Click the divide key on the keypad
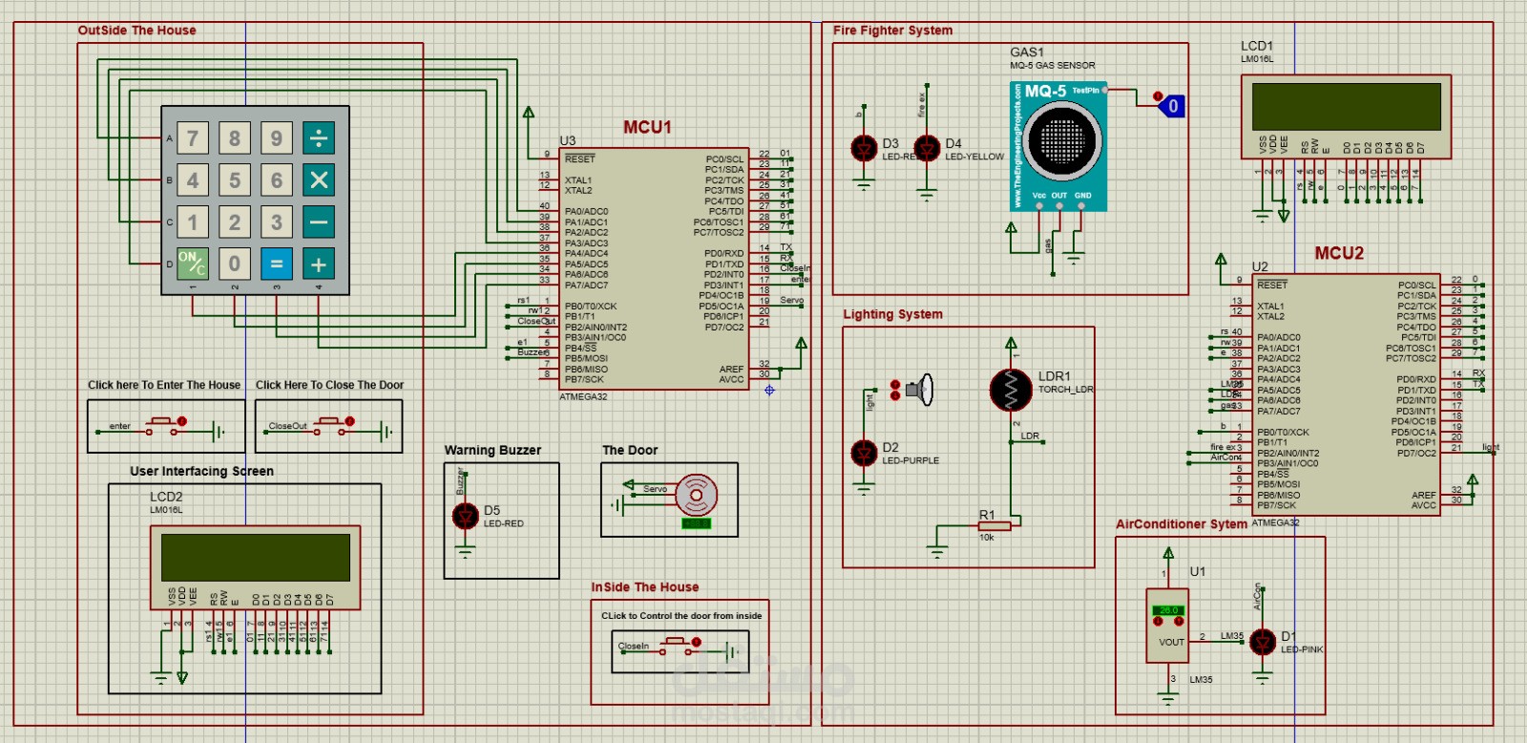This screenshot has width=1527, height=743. (319, 138)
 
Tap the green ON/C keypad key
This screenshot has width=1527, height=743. (192, 263)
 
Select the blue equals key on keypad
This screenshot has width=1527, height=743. (277, 263)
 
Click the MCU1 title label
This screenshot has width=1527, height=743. (647, 127)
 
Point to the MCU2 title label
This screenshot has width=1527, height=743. (1339, 253)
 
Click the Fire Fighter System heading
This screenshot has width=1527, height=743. (892, 31)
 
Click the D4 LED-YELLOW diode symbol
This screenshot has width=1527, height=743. (927, 148)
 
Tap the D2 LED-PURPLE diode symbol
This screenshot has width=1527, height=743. (864, 453)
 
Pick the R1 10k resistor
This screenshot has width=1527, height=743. (994, 525)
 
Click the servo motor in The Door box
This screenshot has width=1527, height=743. (696, 495)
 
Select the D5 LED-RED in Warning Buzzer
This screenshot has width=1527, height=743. (465, 516)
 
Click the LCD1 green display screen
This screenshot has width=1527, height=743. (1346, 107)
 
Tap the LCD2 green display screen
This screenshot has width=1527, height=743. (255, 557)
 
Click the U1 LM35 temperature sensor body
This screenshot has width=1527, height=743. (1167, 626)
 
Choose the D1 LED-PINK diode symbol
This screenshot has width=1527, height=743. (1263, 642)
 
